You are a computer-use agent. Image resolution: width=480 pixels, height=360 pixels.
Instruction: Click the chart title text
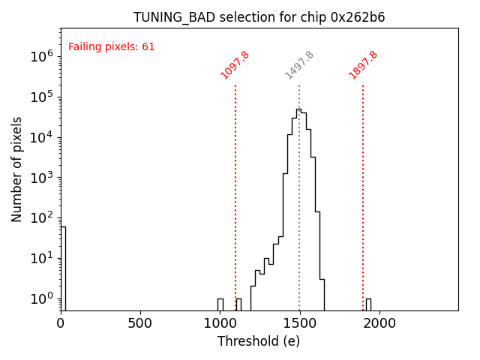coord(259,17)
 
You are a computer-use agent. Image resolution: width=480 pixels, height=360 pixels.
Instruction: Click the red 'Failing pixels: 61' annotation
coord(112,47)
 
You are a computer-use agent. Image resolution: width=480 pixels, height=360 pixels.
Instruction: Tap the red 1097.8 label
coord(235,65)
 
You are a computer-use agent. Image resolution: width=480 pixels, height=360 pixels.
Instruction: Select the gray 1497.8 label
coord(299,65)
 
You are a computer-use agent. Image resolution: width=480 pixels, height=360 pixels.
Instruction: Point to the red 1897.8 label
coord(363,65)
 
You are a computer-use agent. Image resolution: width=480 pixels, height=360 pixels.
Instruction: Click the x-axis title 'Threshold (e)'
coord(259,341)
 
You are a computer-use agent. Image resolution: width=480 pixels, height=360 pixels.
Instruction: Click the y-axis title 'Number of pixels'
coord(17,169)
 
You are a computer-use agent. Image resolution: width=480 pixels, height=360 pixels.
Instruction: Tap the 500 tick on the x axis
coord(140,323)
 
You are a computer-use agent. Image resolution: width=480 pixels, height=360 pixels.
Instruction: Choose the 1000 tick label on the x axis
coord(220,323)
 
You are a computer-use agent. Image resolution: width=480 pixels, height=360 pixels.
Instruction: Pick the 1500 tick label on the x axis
coord(299,323)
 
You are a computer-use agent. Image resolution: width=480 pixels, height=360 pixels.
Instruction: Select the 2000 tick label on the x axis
coord(379,323)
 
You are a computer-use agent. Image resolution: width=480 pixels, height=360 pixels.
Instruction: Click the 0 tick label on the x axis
coord(61,323)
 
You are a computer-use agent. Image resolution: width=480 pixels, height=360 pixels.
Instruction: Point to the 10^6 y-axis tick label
coord(40,56)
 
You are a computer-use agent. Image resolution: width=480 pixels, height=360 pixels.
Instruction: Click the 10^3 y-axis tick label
coord(40,178)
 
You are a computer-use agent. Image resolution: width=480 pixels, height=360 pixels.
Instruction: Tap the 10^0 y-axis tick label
coord(40,298)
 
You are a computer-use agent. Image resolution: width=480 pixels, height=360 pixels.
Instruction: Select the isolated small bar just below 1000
coord(220,304)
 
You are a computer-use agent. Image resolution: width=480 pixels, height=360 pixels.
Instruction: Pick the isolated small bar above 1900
coord(368,304)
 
